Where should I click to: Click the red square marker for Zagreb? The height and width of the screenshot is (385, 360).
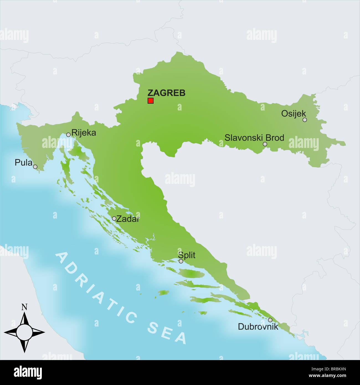click(150, 101)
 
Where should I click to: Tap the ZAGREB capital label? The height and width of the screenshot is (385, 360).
click(166, 93)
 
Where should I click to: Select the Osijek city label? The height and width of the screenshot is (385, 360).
click(293, 114)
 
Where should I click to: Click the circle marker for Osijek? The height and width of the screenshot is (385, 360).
click(305, 120)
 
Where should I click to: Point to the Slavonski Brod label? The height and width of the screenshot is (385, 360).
click(254, 138)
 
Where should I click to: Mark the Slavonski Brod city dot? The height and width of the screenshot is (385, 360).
click(265, 144)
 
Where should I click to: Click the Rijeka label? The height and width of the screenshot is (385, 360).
click(84, 133)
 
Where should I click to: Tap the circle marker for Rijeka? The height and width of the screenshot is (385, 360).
click(68, 135)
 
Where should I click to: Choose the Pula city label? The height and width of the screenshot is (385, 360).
click(23, 163)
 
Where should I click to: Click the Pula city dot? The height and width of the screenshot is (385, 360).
click(35, 167)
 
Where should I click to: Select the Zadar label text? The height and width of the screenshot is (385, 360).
click(127, 219)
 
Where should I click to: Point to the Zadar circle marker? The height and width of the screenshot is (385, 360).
click(114, 219)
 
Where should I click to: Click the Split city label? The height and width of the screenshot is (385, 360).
click(187, 255)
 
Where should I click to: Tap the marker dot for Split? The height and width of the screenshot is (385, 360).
click(181, 261)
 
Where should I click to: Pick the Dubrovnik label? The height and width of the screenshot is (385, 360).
click(258, 327)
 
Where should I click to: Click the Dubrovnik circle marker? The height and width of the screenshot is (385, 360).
click(270, 320)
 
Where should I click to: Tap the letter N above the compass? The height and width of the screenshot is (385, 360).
click(24, 307)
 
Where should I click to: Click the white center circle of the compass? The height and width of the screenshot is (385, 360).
click(24, 332)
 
